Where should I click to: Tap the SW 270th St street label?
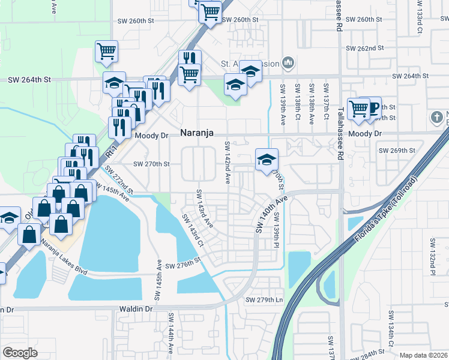[151, 163]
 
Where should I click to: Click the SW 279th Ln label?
[263, 299]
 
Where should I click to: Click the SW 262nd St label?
[365, 48]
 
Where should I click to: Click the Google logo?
[20, 352]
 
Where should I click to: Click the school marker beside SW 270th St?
[267, 160]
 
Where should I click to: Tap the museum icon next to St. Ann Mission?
[289, 62]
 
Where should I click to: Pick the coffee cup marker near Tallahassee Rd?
[373, 108]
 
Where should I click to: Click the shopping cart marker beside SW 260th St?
[210, 12]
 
